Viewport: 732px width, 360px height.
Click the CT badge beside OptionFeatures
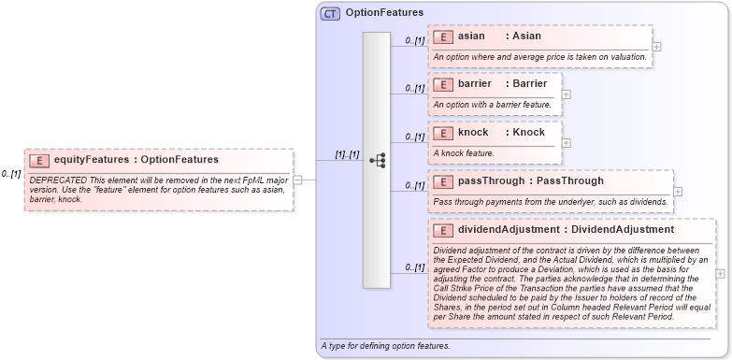point(331,14)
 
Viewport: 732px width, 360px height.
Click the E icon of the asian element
point(443,36)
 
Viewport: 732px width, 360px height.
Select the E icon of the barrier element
point(443,84)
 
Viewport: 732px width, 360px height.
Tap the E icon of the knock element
point(443,133)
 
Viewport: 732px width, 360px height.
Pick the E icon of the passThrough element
point(443,180)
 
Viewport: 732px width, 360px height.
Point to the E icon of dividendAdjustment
point(443,229)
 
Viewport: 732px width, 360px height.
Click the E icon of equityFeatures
point(39,160)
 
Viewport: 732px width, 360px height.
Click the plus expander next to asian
point(657,46)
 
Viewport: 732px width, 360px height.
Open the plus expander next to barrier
point(567,94)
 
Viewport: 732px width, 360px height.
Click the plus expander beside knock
point(567,142)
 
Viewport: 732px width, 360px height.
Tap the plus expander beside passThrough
point(678,191)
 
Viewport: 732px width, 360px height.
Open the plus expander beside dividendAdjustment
point(720,274)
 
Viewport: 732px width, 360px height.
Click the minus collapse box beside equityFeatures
point(298,180)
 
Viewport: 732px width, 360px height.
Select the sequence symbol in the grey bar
point(377,161)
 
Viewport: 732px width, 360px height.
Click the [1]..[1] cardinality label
point(347,154)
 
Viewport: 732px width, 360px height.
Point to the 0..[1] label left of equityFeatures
point(11,174)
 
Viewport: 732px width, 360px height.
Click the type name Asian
point(526,36)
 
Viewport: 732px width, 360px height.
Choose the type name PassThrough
point(570,180)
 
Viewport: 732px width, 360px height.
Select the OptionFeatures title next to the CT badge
point(384,13)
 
